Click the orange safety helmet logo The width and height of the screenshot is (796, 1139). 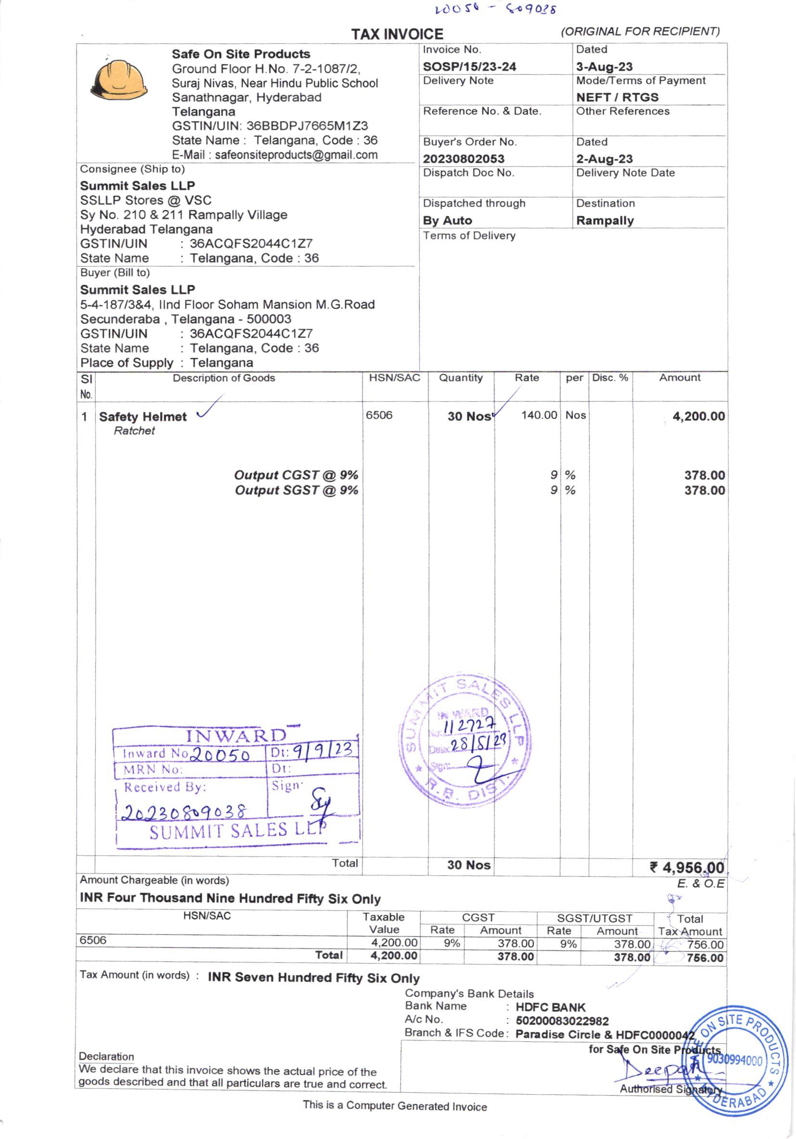119,79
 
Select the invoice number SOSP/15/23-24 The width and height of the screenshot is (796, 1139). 469,66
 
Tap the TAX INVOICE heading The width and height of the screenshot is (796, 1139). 397,34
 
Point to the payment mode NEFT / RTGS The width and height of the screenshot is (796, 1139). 617,97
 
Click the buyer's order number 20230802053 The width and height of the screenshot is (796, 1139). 463,159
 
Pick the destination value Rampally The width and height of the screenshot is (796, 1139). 605,221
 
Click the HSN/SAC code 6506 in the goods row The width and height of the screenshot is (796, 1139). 379,415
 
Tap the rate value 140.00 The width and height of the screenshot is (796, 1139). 539,415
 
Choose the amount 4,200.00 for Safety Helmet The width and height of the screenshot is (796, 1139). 698,416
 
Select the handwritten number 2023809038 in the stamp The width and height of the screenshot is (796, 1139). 185,812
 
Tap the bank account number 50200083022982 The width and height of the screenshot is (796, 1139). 562,1021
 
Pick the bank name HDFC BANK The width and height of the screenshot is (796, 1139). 551,1008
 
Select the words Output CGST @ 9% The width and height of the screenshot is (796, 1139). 296,475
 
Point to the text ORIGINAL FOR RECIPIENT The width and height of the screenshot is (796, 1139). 640,31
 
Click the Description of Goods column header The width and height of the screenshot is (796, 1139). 224,378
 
